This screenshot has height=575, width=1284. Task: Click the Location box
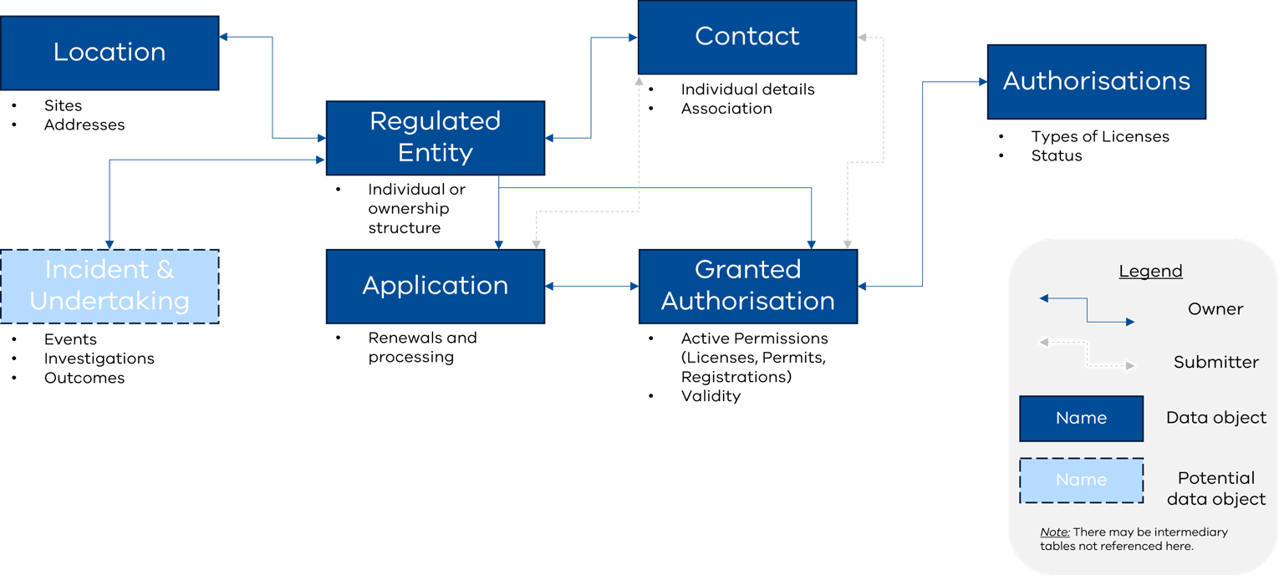[110, 53]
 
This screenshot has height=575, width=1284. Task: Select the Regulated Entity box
[435, 137]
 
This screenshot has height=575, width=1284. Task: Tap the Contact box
[746, 37]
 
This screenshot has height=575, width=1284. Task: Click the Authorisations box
[1096, 81]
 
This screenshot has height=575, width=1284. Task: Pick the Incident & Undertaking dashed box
[110, 286]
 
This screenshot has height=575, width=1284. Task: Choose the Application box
[435, 286]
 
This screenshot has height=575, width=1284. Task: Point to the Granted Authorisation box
[747, 286]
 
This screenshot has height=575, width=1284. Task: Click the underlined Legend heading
[1150, 272]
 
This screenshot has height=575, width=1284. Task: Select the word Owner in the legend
[1215, 309]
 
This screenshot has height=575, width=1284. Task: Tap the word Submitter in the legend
[1215, 363]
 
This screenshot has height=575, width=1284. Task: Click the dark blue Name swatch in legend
[1081, 419]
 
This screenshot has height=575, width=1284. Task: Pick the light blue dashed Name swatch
[1081, 481]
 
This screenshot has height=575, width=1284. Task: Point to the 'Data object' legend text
[1216, 418]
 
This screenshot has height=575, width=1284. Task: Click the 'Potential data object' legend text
[1216, 488]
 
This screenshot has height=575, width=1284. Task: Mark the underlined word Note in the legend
[1054, 532]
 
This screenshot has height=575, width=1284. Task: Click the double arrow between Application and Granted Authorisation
[592, 287]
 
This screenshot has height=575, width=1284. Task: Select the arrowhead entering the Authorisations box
[981, 82]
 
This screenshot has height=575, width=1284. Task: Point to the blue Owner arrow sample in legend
[1086, 309]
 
